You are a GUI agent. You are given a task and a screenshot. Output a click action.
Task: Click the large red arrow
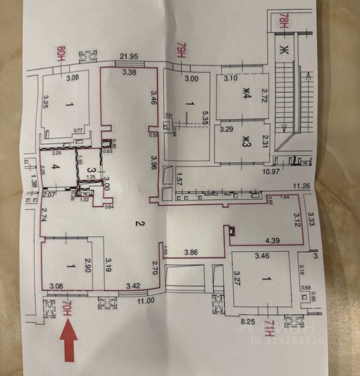pyautogui.click(x=69, y=339)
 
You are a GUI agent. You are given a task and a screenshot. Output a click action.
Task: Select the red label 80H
pyautogui.click(x=61, y=53)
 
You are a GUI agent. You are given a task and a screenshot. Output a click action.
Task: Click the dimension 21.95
pyautogui.click(x=129, y=57)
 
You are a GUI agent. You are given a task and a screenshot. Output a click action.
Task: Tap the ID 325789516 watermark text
pyautogui.click(x=288, y=340)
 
